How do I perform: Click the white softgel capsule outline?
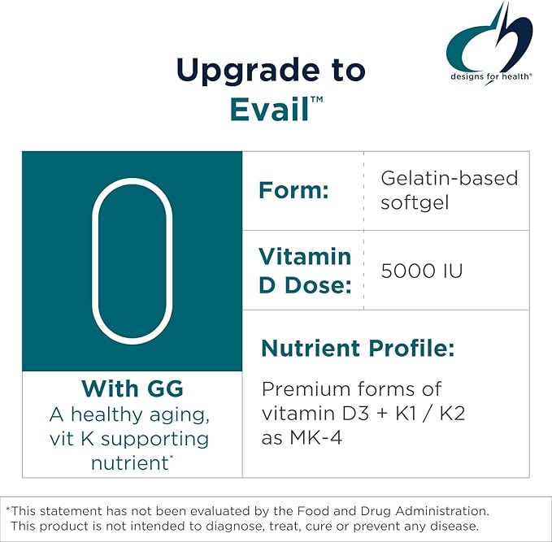click(x=132, y=261)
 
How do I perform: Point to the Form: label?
click(x=293, y=191)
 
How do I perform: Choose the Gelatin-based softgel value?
click(x=449, y=189)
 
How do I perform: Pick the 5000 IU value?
click(x=422, y=270)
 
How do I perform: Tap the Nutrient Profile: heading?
click(x=357, y=349)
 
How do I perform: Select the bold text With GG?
click(x=131, y=388)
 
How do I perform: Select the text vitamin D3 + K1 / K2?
click(x=363, y=414)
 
